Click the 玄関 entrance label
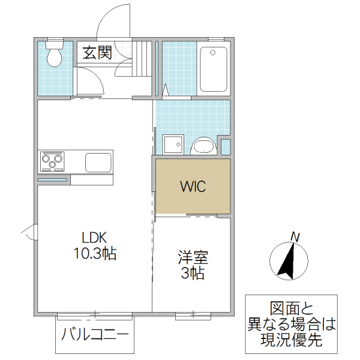pyautogui.click(x=97, y=53)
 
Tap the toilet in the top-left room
pyautogui.click(x=55, y=55)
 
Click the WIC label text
pyautogui.click(x=193, y=186)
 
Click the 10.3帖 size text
pyautogui.click(x=95, y=253)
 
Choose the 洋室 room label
pyautogui.click(x=193, y=259)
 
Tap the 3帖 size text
pyautogui.click(x=193, y=274)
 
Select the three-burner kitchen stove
pyautogui.click(x=53, y=161)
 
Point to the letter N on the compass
pyautogui.click(x=295, y=237)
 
